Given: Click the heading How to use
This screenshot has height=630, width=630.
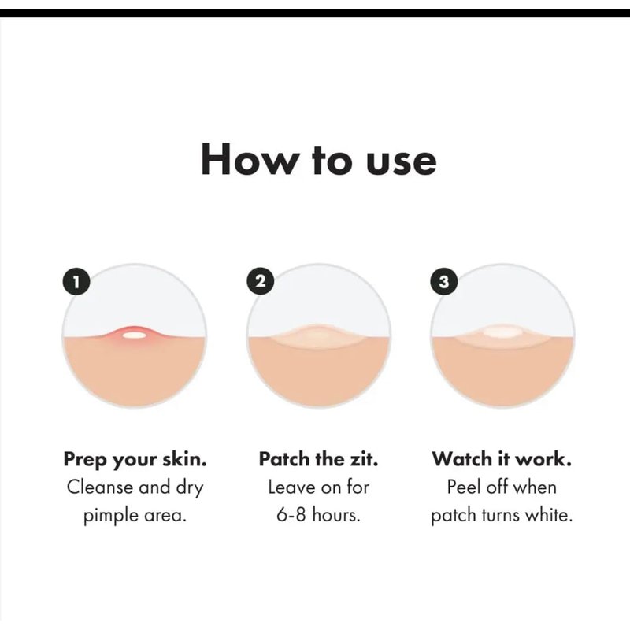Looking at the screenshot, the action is pos(319,159).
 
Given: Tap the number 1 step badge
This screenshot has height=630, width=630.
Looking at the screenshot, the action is pos(76,282).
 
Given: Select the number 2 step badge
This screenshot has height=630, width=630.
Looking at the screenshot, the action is pos(260,281).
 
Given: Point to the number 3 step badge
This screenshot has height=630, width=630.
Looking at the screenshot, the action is pos(443,282).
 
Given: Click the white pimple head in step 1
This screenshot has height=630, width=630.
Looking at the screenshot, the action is pos(134,334).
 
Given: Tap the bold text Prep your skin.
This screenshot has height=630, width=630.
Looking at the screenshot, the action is pos(135,459).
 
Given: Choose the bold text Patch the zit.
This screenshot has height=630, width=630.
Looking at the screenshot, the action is pos(319,459).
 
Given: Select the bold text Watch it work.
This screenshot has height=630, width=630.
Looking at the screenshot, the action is pos(502,459).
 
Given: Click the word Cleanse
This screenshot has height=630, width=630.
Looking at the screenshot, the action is pos(100,487).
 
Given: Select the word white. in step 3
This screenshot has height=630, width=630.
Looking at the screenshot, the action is pos(548,515).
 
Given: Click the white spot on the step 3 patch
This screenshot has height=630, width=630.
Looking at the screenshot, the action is pos(502,333).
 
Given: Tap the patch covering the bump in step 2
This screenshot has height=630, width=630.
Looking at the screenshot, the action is pos(319,334).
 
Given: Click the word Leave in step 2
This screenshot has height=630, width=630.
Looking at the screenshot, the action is pos(289,487).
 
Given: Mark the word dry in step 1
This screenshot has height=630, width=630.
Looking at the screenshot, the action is pos(189,488).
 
